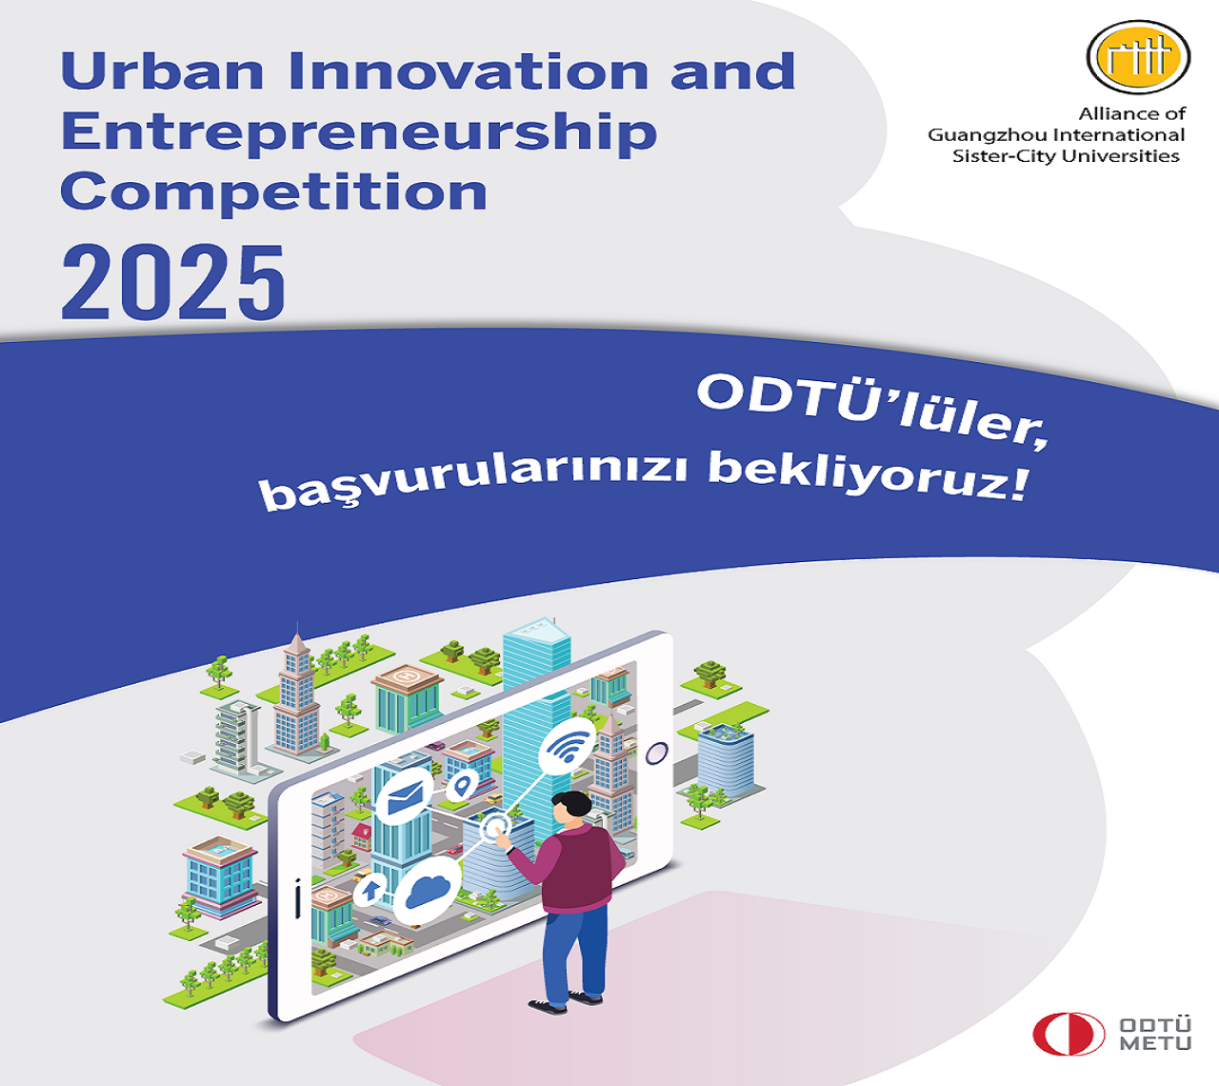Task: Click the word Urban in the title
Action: [163, 71]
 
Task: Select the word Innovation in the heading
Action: [469, 71]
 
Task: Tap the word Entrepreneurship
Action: [359, 133]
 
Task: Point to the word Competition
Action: [273, 191]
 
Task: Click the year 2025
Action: [172, 282]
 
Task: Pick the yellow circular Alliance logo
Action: [1138, 57]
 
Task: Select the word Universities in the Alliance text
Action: [1120, 156]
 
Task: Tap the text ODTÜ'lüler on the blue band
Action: [872, 410]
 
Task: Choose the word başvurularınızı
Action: [473, 481]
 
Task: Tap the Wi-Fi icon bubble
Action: [567, 747]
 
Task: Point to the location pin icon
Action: [462, 786]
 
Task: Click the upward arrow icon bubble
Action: [370, 889]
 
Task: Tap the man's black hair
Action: [572, 804]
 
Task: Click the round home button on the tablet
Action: [656, 754]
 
